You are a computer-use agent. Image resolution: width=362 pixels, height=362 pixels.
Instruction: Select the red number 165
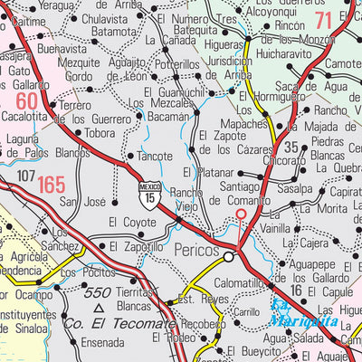[51, 186]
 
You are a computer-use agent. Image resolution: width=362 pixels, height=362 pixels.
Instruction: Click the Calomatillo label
[239, 282]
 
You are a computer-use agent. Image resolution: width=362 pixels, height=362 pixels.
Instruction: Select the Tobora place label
[100, 134]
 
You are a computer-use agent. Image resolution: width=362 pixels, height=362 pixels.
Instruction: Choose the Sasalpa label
[295, 189]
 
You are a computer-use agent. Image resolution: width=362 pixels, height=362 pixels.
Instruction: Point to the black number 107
[25, 174]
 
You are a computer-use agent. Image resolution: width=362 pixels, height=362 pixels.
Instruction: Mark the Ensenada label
[102, 343]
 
